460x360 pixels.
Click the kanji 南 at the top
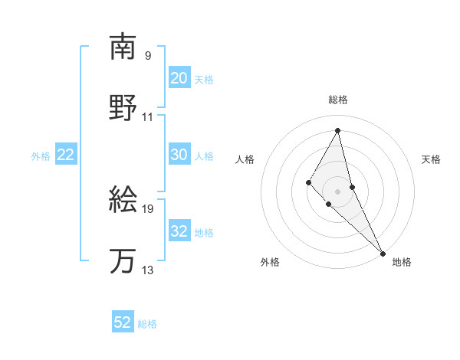pos(123,47)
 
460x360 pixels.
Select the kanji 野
pos(123,108)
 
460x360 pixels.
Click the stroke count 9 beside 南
pos(148,55)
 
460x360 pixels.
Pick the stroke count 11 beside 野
pos(148,117)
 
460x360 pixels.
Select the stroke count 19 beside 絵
pos(148,208)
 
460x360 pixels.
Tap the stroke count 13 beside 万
pos(148,270)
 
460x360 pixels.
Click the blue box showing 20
pos(179,78)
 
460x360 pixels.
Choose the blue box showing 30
pos(179,155)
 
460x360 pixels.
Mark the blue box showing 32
pos(179,231)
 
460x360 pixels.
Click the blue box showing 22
pos(65,155)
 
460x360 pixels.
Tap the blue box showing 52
pos(123,322)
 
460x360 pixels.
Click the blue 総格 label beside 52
pos(147,324)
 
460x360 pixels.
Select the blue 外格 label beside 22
pos(41,156)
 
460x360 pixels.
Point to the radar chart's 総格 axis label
pos(338,100)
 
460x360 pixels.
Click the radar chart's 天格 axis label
pos(431,159)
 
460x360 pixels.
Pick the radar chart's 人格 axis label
pos(245,159)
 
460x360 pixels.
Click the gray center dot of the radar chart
pos(338,191)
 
